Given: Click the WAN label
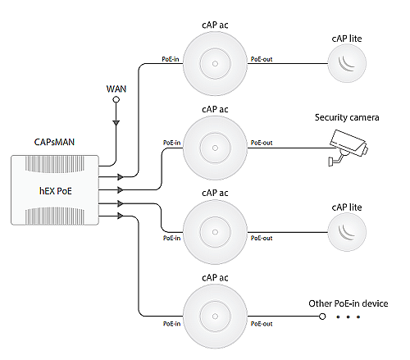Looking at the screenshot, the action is [116, 89].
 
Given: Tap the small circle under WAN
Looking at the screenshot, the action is [116, 100].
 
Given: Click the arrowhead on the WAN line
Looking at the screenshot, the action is [116, 123].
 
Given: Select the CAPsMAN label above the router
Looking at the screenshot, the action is [54, 142].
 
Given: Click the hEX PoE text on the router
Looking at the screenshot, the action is [56, 191].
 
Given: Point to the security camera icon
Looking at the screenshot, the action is [348, 148].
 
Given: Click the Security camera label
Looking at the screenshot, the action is [347, 117].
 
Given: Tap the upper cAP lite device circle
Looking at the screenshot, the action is [347, 63].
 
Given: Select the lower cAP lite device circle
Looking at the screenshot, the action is [347, 232].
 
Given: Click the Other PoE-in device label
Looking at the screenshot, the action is [348, 303].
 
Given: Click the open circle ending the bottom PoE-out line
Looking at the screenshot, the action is [322, 317].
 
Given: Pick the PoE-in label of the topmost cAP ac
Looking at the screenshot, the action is [171, 59].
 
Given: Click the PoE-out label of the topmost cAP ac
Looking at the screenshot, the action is [262, 59].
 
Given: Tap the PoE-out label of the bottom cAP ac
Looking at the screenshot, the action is [262, 324].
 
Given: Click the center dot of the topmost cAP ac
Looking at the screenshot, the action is [215, 64].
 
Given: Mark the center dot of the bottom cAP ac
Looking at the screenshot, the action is [215, 317].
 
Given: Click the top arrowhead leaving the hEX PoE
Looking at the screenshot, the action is [121, 177].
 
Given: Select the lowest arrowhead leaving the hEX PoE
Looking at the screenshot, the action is [121, 216].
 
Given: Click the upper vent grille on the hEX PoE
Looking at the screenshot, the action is [55, 164].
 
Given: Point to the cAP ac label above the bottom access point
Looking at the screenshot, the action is [215, 278].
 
